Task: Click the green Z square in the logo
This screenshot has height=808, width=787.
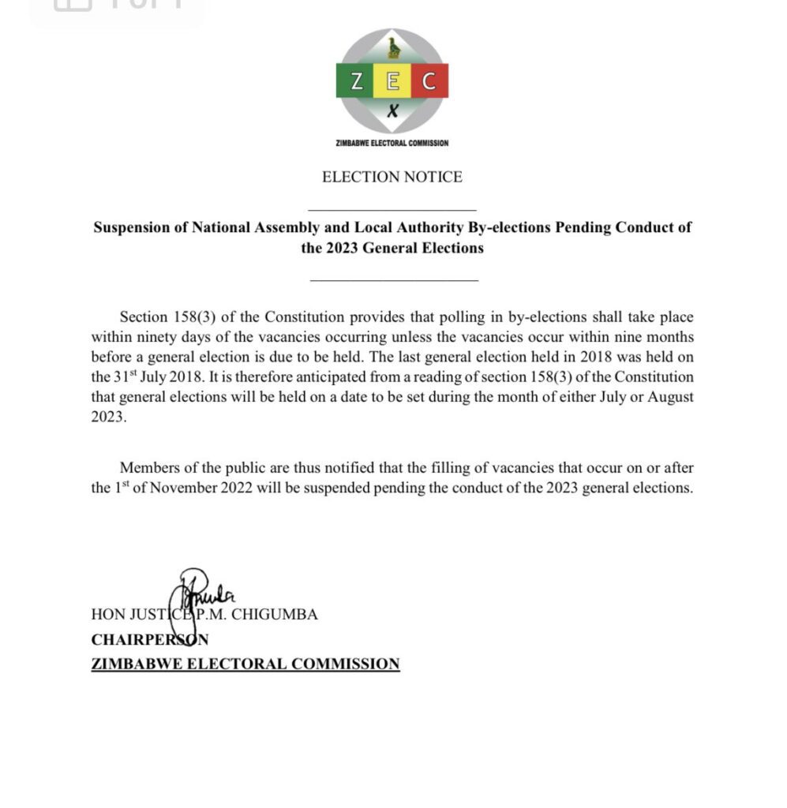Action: (356, 80)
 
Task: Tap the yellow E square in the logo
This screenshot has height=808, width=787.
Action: (392, 80)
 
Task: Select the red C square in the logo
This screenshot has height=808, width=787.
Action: (429, 80)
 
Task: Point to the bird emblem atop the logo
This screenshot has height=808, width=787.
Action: (393, 49)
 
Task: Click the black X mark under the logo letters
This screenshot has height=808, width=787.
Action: (392, 112)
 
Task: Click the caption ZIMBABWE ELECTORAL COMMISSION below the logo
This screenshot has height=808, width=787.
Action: (392, 143)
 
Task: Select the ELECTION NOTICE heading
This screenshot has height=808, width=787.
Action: (392, 177)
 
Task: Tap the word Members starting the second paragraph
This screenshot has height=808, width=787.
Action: (154, 468)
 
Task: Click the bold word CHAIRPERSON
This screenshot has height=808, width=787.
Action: (150, 639)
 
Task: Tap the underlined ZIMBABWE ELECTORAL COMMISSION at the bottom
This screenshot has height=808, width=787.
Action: (245, 664)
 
